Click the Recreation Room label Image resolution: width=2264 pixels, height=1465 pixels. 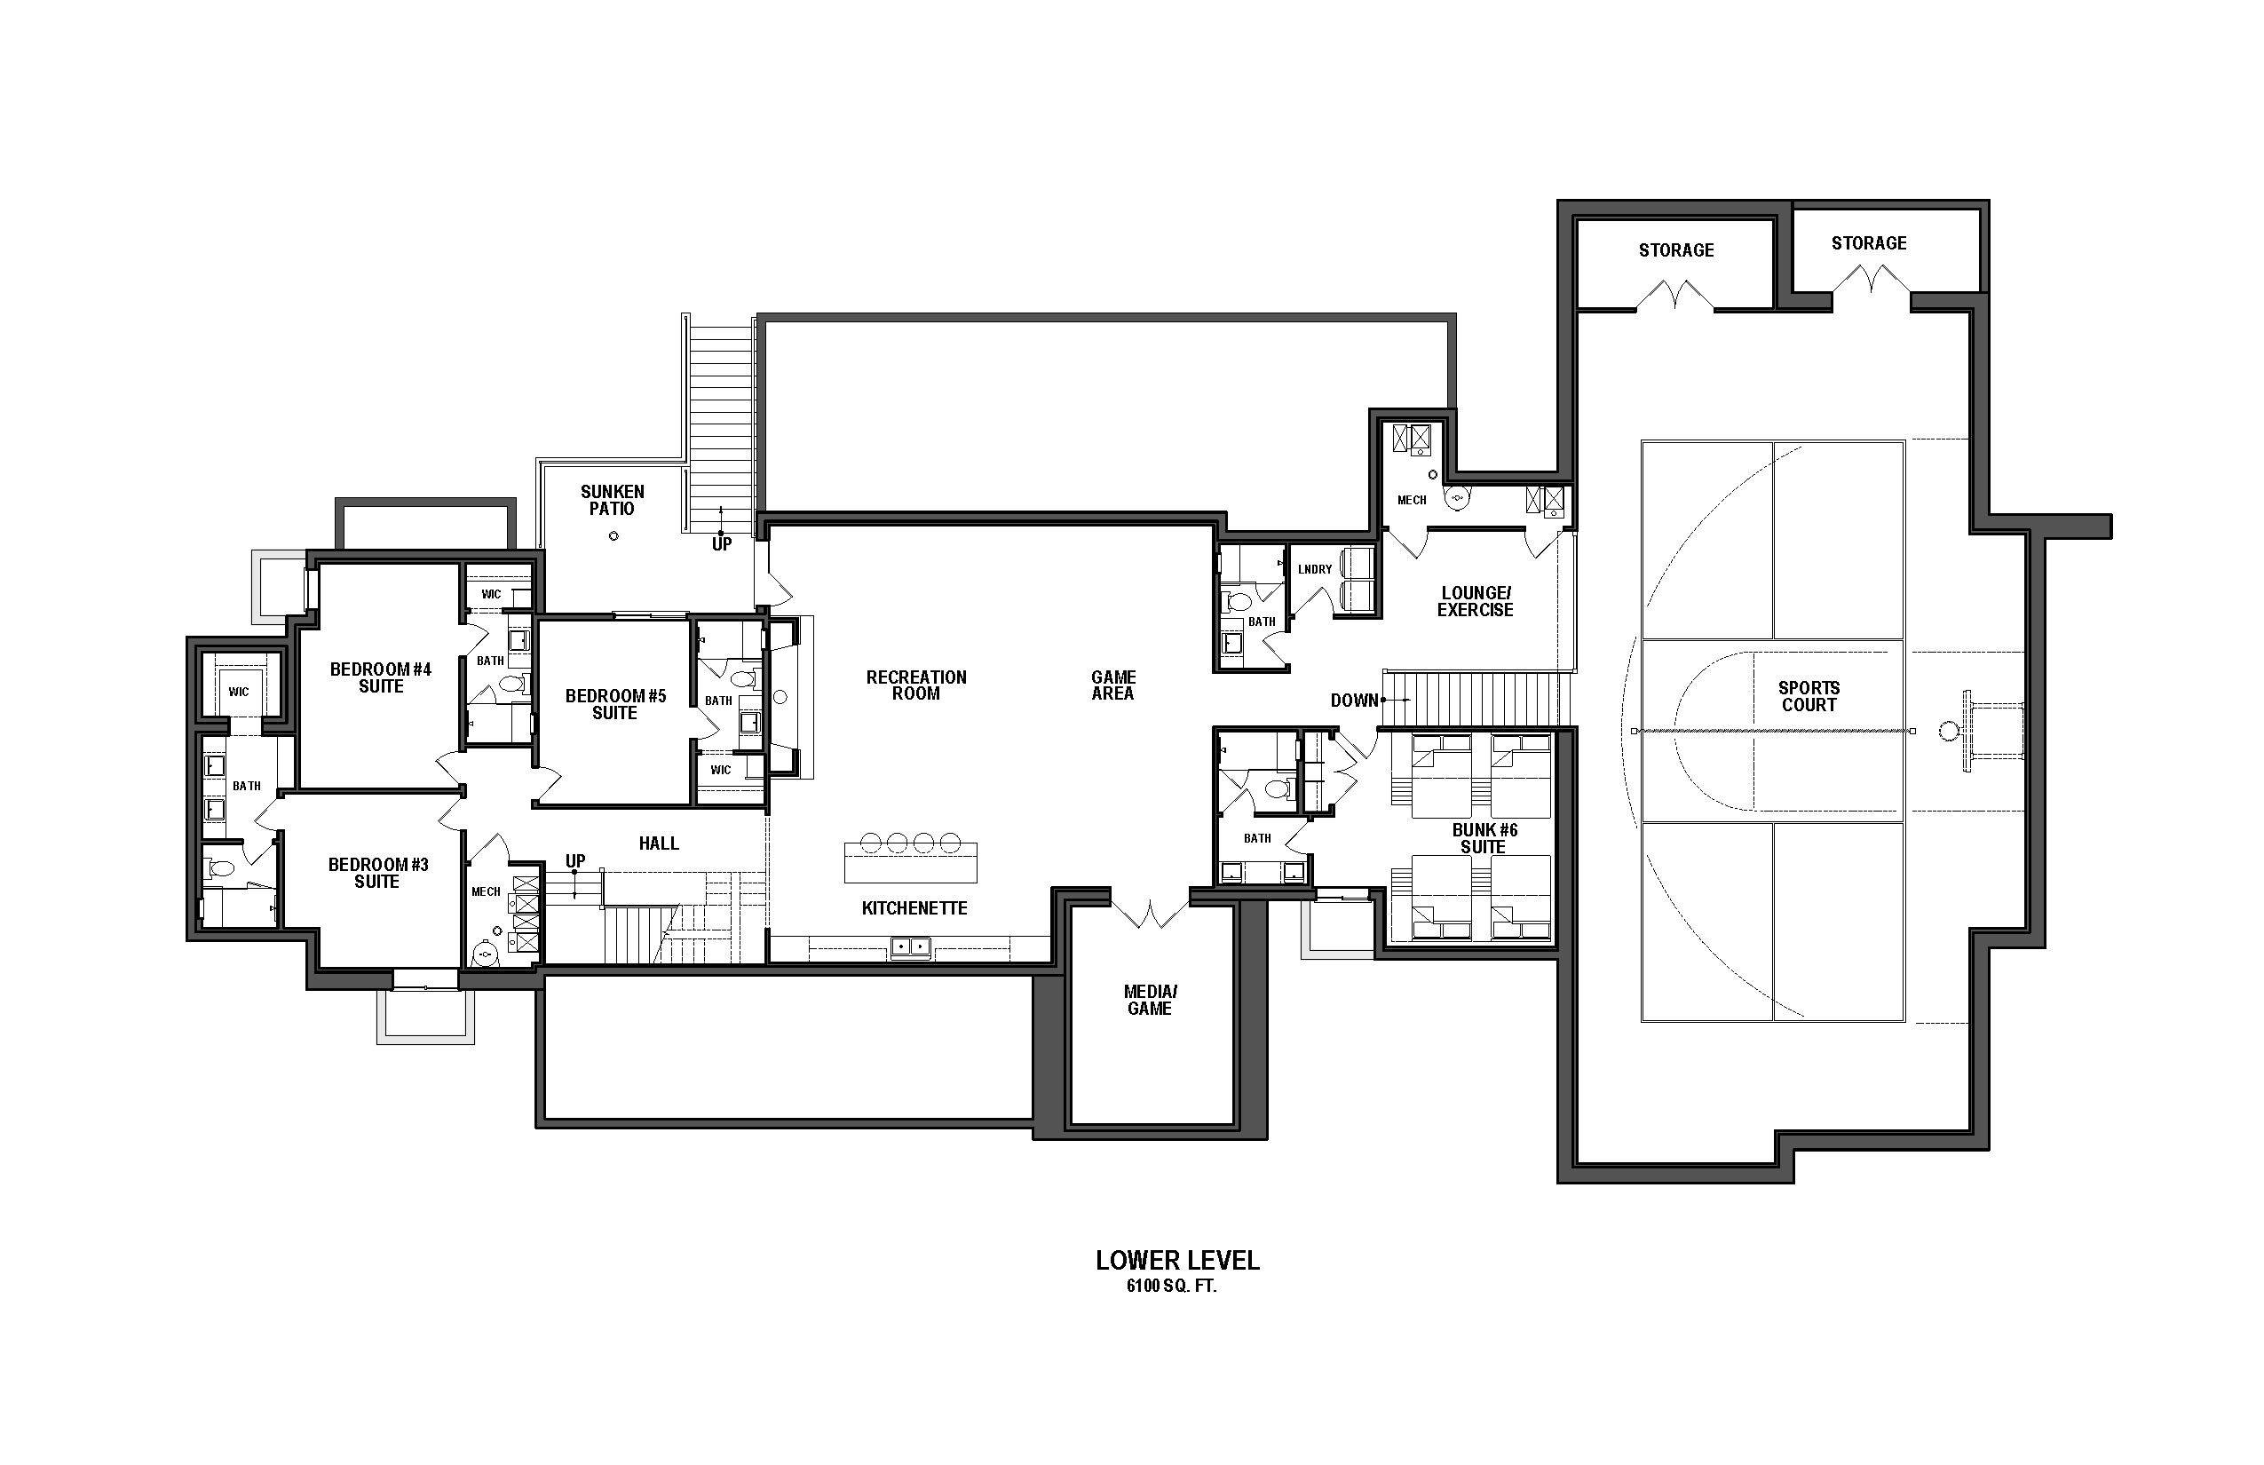point(916,685)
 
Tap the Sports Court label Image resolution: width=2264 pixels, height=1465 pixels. point(1809,696)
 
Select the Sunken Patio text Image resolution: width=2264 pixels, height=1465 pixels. point(613,499)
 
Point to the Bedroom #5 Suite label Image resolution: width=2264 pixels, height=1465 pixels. point(615,704)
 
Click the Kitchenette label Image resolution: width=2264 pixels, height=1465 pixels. point(914,908)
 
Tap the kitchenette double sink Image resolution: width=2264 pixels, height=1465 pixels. point(911,946)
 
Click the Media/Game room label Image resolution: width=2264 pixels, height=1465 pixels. point(1149,1000)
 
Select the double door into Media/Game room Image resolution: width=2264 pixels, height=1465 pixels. point(1150,914)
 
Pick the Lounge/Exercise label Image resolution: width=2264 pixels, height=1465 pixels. point(1476,601)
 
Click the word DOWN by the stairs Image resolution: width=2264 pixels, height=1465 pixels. point(1354,701)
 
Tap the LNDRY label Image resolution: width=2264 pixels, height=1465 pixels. point(1315,570)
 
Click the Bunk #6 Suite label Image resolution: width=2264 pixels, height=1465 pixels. point(1484,838)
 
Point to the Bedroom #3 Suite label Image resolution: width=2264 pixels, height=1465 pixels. point(377,872)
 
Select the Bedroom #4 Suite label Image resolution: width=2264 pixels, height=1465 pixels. point(381,677)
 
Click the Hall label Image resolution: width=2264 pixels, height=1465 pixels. point(658,843)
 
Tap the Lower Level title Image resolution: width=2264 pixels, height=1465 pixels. point(1176,1261)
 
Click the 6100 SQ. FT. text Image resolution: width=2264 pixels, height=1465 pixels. point(1171,1287)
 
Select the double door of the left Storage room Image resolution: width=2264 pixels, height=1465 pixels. point(1674,294)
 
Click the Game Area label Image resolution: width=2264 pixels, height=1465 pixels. point(1113,685)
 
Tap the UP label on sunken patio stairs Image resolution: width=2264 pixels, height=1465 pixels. point(722,544)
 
